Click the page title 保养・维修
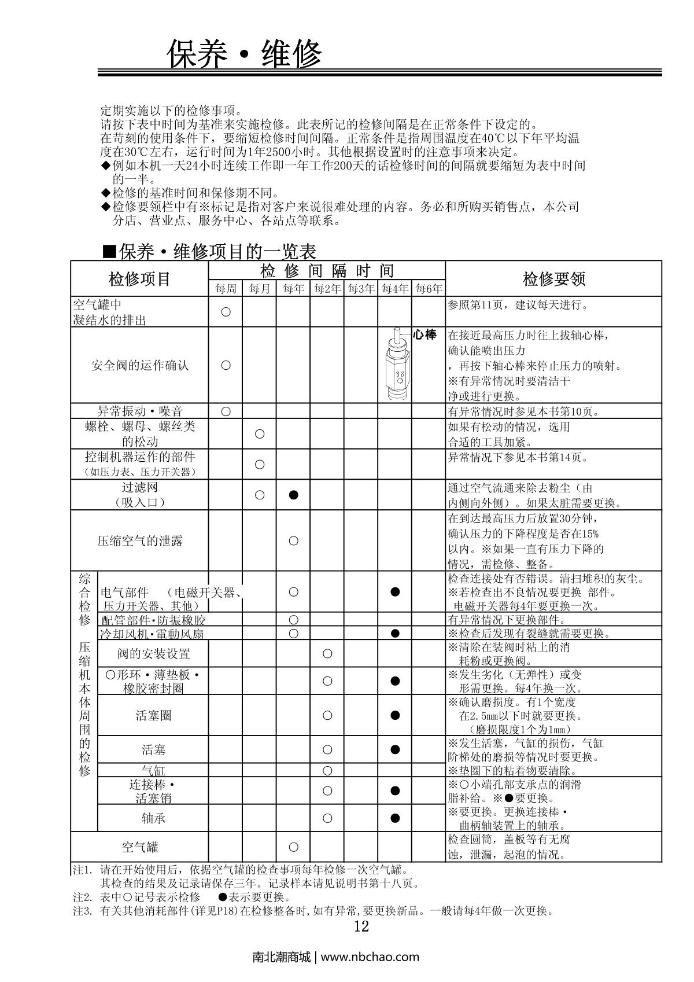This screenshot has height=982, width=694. [x=243, y=54]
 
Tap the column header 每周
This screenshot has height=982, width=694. [x=226, y=288]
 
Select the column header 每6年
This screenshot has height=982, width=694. [x=429, y=288]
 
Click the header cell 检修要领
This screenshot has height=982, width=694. [x=553, y=279]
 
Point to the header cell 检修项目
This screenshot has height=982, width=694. [x=139, y=279]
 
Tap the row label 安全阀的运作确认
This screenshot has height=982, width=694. [x=139, y=365]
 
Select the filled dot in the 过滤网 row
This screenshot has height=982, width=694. [x=293, y=495]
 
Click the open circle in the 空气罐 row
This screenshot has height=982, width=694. [x=293, y=847]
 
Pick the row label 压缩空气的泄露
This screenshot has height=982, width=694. [x=139, y=541]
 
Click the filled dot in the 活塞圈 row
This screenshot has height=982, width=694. [x=395, y=715]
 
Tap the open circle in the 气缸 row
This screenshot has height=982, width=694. [x=327, y=770]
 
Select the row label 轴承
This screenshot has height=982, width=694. [x=153, y=818]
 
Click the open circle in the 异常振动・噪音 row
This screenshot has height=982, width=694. [x=226, y=411]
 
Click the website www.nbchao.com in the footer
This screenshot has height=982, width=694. [x=370, y=957]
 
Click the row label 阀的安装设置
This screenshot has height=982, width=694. [x=153, y=654]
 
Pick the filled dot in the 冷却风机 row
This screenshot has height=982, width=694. [x=395, y=633]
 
